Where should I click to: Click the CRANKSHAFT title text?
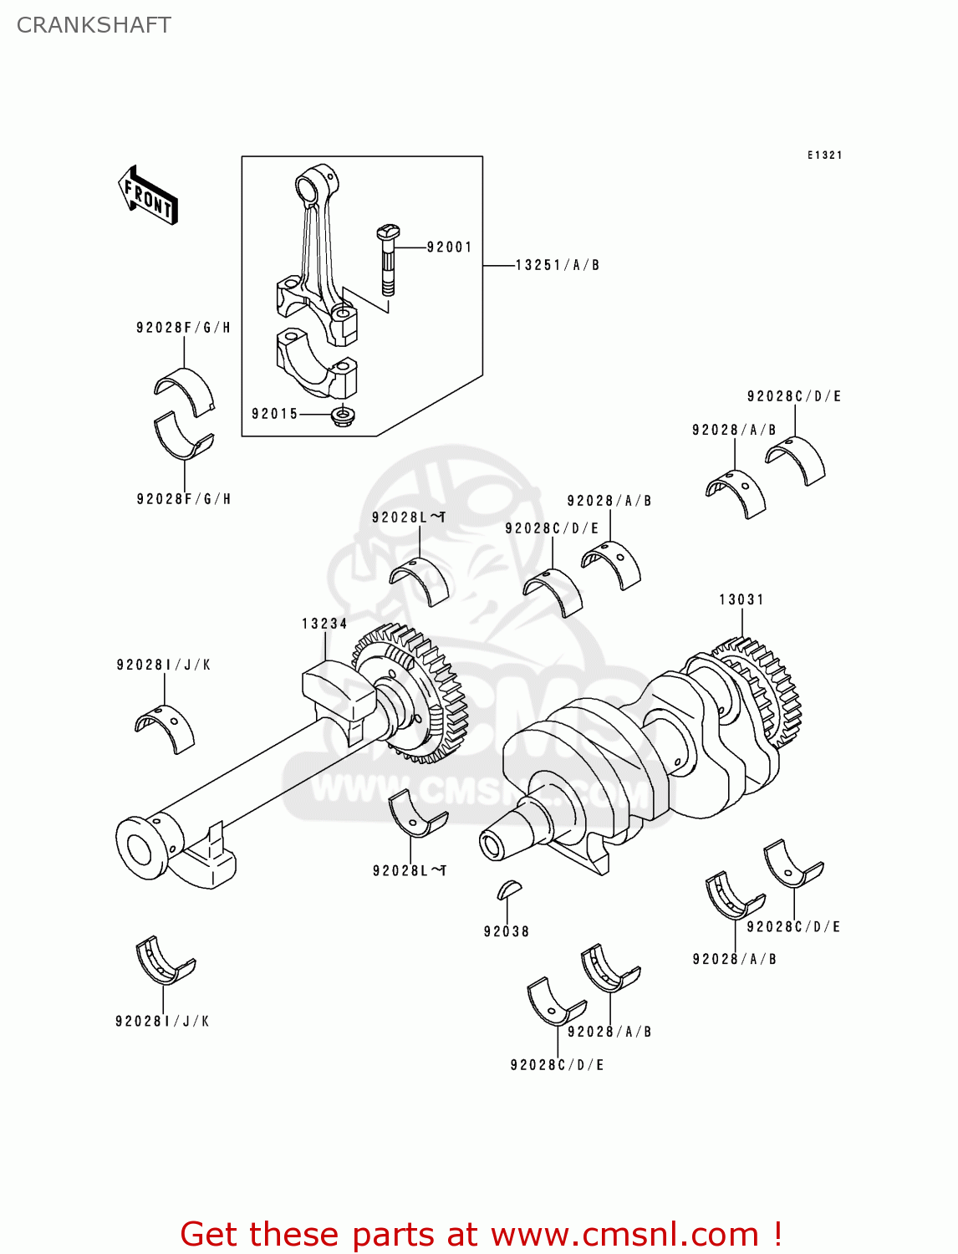[94, 25]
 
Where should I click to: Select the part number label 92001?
[449, 247]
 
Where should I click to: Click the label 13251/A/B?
[557, 265]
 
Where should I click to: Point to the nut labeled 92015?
[340, 415]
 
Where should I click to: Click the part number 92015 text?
[274, 414]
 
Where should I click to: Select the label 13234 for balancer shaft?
[324, 624]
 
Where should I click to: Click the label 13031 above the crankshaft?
[741, 599]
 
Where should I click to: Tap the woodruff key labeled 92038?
[508, 890]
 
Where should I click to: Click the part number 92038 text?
[506, 931]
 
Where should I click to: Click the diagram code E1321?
[824, 155]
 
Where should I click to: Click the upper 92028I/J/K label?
[163, 665]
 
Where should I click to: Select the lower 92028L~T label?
[409, 871]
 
